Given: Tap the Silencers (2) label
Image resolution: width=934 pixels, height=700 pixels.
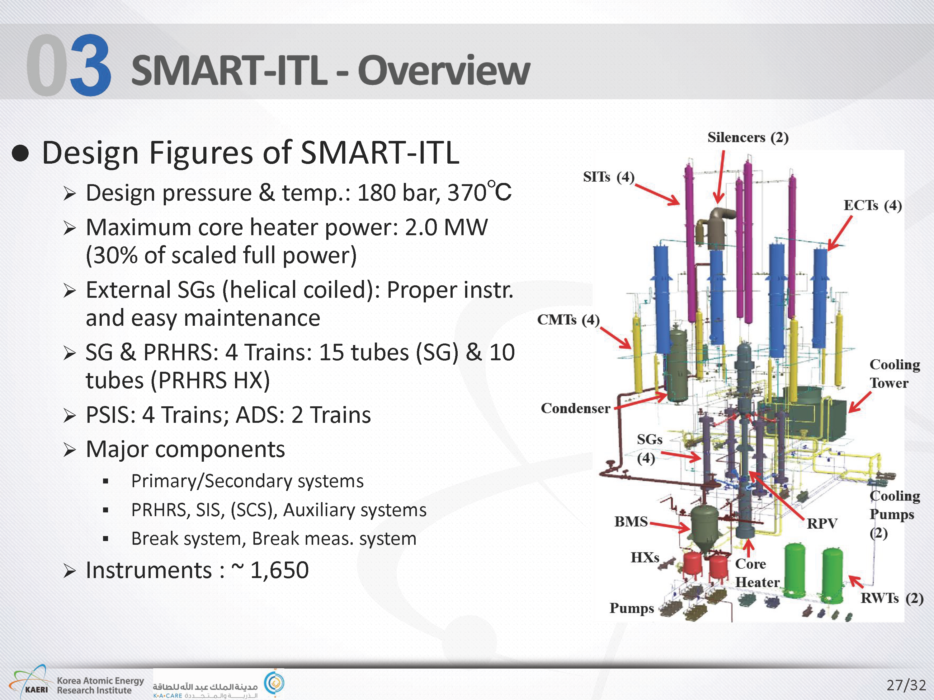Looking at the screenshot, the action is click(748, 138).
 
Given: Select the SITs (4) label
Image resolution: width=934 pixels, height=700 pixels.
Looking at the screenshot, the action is click(608, 177).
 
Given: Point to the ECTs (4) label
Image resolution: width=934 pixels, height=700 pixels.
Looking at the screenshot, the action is click(872, 205).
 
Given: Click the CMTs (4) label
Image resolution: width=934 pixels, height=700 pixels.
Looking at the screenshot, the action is click(568, 320).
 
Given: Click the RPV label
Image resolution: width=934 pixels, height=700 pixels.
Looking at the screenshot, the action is click(822, 524).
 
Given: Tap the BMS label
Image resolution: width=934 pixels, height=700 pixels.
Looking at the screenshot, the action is click(631, 521).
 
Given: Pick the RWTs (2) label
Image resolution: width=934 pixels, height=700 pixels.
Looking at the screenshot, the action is click(892, 598).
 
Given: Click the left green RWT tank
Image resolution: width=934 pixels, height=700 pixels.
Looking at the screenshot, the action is click(795, 571).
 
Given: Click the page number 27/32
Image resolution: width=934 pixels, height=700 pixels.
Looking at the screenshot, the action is click(906, 685).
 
